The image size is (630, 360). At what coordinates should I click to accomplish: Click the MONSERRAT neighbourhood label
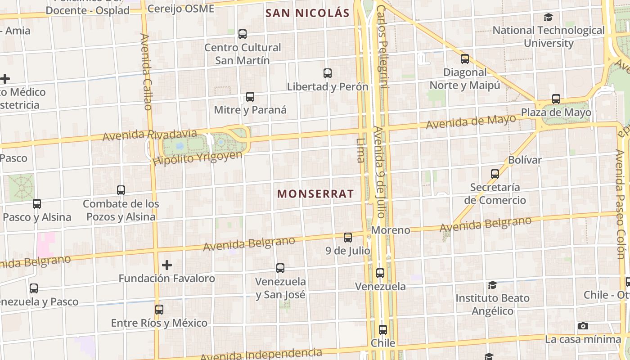(x=315, y=194)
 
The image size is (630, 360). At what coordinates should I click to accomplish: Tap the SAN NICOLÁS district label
(x=307, y=13)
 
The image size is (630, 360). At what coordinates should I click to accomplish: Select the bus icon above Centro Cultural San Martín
(x=243, y=34)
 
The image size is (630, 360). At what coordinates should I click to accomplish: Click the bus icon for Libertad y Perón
(x=328, y=73)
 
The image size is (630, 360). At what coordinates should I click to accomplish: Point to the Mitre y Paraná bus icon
(x=250, y=96)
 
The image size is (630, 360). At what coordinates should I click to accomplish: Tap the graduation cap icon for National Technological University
(x=548, y=17)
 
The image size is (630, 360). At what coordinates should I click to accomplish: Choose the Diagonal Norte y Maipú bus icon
(x=465, y=58)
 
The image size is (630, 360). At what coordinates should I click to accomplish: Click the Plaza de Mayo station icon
(x=556, y=99)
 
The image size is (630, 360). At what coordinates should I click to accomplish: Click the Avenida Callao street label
(x=146, y=72)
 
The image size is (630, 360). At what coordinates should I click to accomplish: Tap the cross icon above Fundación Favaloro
(x=167, y=265)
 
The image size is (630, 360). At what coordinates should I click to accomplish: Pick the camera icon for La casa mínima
(x=583, y=326)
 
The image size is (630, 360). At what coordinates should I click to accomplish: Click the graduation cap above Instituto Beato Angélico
(x=492, y=285)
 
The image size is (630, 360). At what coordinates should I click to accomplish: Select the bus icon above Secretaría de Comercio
(x=495, y=174)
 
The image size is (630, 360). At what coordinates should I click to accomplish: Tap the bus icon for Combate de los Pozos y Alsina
(x=121, y=190)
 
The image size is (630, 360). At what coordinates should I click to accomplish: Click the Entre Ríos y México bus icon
(x=159, y=310)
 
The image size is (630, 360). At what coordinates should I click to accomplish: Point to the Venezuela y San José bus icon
(x=280, y=268)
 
